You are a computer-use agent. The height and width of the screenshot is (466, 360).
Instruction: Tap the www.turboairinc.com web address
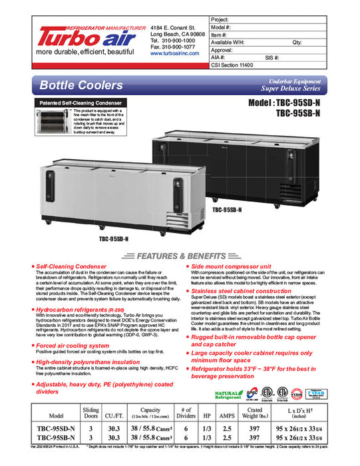[x=176, y=53]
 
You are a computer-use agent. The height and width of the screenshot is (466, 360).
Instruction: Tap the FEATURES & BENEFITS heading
[x=181, y=256]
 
